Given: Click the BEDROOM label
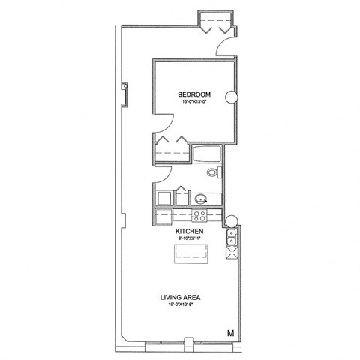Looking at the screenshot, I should [x=194, y=94].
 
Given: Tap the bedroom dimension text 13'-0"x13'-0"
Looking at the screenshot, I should [x=194, y=103].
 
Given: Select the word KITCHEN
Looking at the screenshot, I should [x=190, y=232].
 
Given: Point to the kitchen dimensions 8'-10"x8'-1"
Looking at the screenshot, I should [x=190, y=241].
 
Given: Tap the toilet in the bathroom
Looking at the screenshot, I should [x=214, y=173].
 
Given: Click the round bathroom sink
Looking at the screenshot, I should [x=201, y=199].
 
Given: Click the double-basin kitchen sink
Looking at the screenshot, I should [x=231, y=239].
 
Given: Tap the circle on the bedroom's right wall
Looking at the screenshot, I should [x=237, y=96].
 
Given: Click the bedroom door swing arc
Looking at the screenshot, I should [x=162, y=124].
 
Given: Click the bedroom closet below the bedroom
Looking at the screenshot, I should [x=172, y=148].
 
